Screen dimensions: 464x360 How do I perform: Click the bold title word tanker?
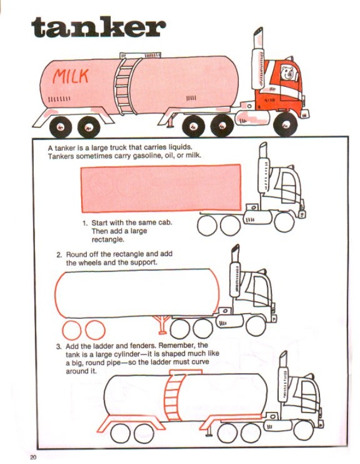pyautogui.click(x=99, y=28)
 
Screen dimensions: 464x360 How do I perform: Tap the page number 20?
pyautogui.click(x=33, y=456)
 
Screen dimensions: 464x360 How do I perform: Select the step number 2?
pyautogui.click(x=59, y=255)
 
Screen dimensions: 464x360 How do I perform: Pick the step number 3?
pyautogui.click(x=59, y=345)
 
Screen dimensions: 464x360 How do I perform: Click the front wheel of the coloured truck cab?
pyautogui.click(x=285, y=122)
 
